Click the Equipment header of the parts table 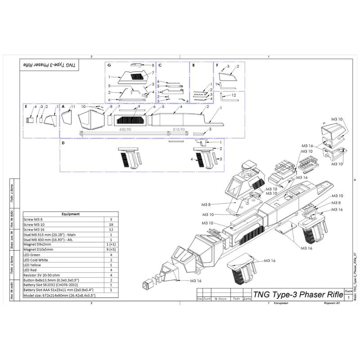[70, 214]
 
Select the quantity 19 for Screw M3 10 [110, 224]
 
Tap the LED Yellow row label [34, 265]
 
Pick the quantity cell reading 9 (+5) [110, 249]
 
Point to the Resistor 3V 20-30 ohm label [43, 275]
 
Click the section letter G [109, 65]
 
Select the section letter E [27, 107]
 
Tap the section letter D [63, 143]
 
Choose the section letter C [160, 65]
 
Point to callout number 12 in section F [234, 95]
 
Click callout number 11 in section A [72, 107]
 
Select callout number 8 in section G [153, 66]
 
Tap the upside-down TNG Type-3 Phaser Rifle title [48, 66]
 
